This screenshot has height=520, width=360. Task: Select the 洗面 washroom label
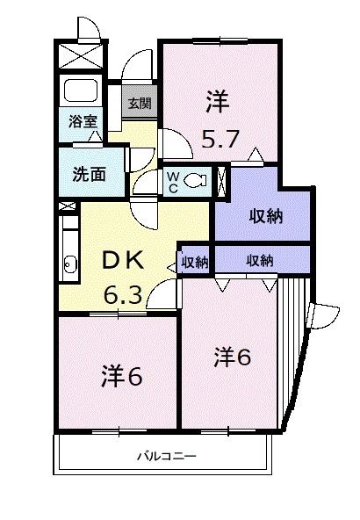(88, 173)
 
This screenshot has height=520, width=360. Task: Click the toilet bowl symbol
(197, 181)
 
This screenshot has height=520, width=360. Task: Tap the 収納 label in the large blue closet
(264, 214)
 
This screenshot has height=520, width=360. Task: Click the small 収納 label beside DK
(194, 261)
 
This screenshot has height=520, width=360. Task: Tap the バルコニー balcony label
(166, 457)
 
